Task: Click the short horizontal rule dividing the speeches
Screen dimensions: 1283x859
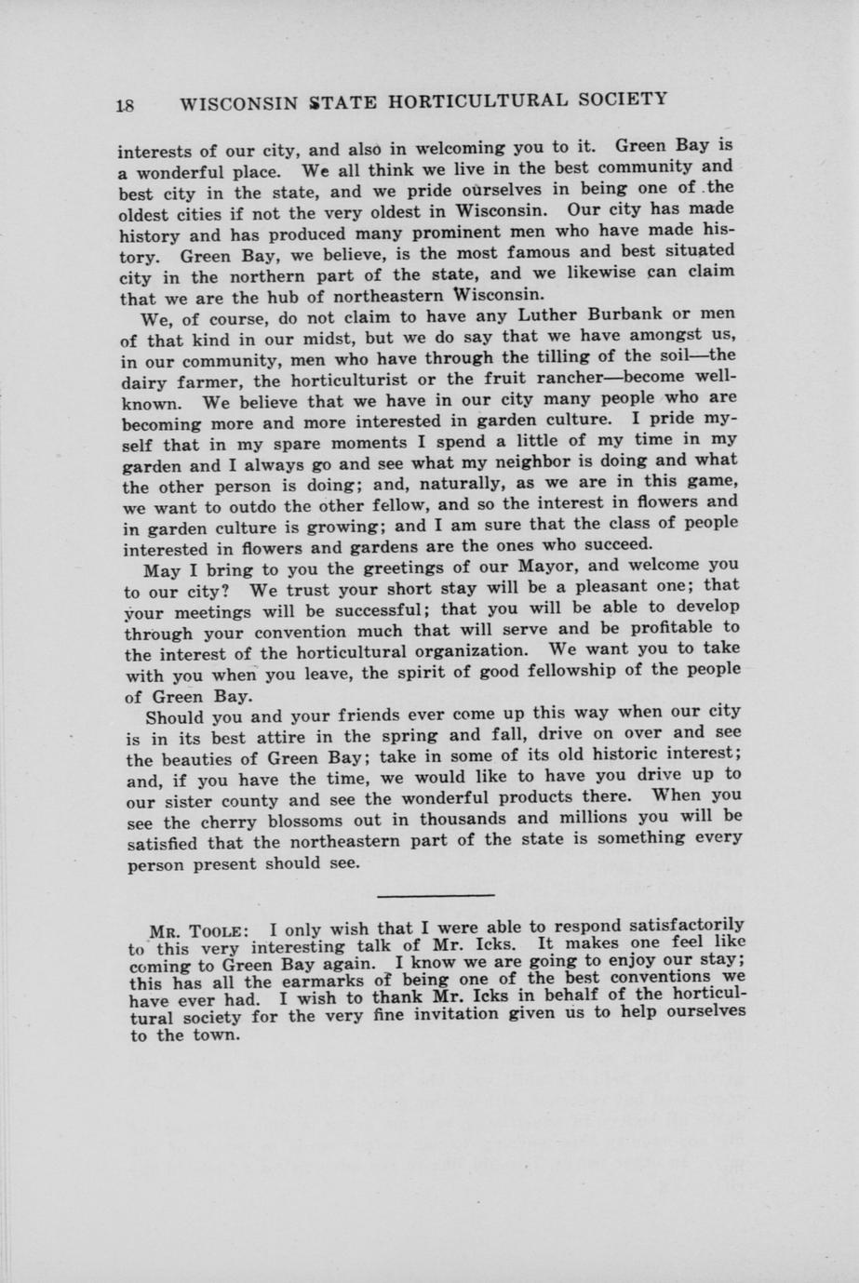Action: coord(436,895)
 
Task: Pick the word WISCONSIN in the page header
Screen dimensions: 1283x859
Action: coord(237,102)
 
